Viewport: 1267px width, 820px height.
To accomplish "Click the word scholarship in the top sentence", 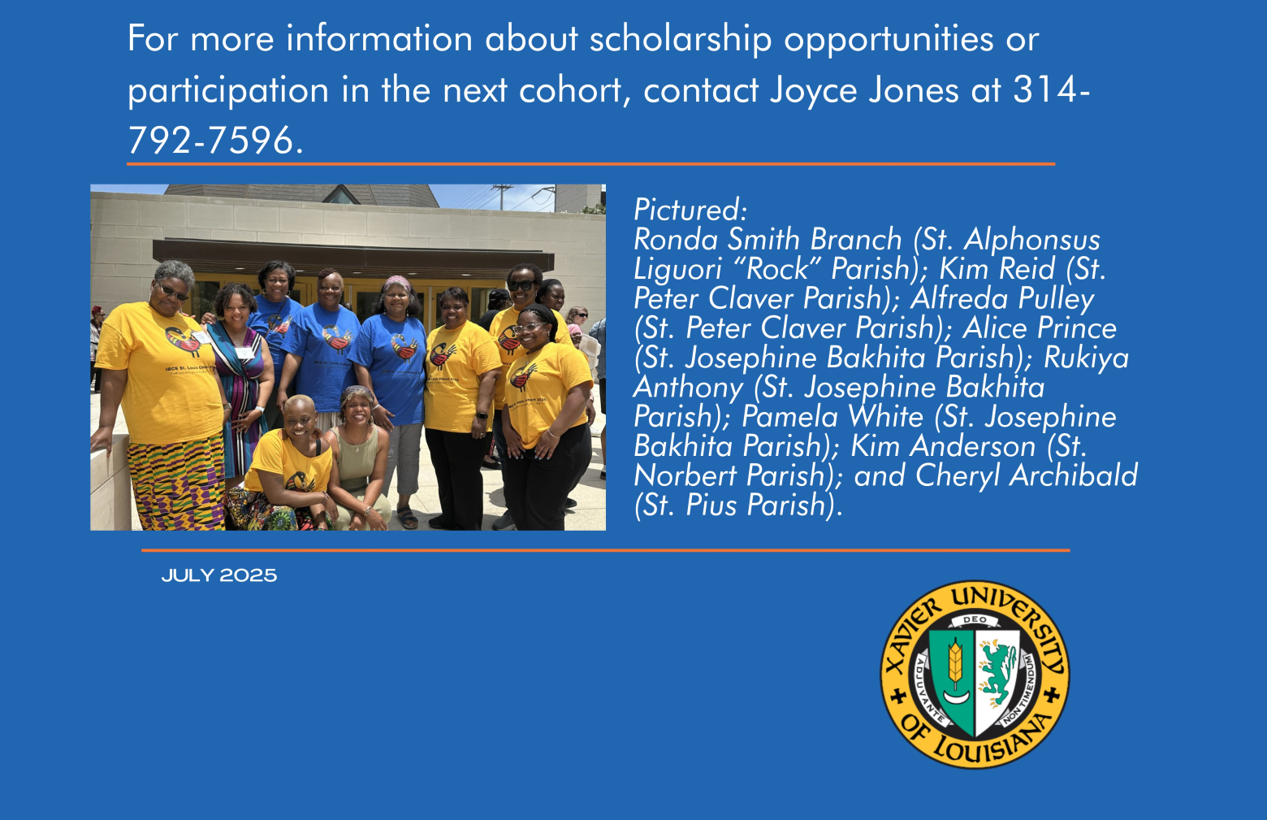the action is click(x=681, y=41).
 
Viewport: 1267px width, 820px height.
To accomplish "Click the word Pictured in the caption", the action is click(x=690, y=210).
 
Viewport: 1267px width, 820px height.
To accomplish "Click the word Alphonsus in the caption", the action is click(x=1032, y=240).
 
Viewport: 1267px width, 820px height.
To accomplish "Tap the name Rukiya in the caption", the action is click(x=1086, y=358).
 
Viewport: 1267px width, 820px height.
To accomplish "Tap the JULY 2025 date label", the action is click(x=219, y=575).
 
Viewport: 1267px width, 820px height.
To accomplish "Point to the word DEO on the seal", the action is click(x=975, y=619).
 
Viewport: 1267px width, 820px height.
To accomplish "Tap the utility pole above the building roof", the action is click(x=502, y=197).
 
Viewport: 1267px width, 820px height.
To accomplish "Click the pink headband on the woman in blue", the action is click(x=397, y=282).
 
